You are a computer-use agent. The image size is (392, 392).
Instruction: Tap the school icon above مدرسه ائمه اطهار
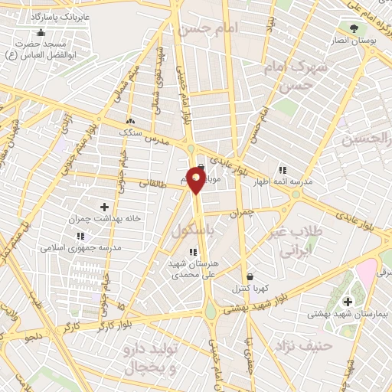pos(282,170)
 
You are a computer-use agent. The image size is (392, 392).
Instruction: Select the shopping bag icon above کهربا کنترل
pos(249,277)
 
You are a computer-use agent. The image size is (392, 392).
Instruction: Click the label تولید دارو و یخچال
pos(150,359)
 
